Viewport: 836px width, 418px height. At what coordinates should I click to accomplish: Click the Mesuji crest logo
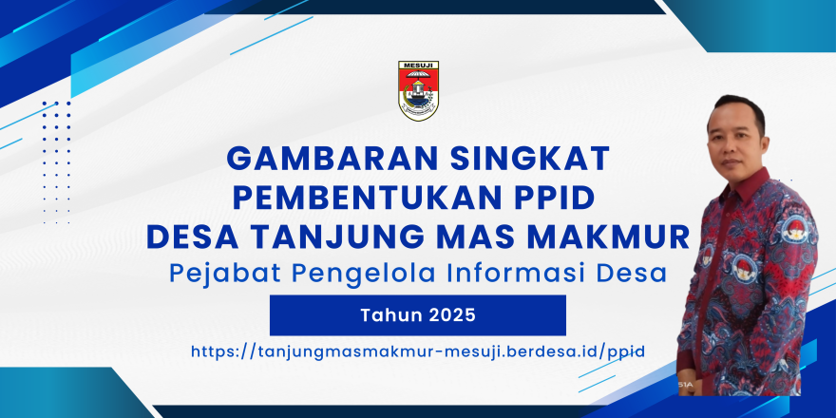418,90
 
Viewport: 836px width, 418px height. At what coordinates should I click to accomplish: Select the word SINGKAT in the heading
529,159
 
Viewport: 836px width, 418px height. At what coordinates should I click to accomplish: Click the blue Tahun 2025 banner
417,315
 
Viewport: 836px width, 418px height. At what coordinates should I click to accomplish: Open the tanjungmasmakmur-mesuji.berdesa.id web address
418,352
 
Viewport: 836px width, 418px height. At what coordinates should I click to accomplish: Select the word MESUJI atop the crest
418,65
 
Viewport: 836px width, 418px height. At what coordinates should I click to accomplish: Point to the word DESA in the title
191,237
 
